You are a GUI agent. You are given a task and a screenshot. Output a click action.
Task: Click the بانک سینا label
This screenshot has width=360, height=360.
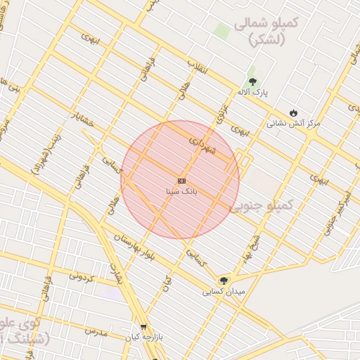[x=181, y=191]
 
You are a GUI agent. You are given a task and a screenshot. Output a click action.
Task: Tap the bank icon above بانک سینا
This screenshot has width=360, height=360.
[x=181, y=181]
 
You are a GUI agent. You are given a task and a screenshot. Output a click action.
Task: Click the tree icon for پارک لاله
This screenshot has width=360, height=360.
[x=252, y=82]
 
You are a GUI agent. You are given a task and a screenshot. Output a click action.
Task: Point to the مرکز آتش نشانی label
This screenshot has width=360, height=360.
[x=292, y=123]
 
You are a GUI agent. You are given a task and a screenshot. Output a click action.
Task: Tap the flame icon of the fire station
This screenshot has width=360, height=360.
[x=293, y=112]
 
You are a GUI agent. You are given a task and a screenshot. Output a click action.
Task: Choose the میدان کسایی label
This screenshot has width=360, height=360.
[x=224, y=291]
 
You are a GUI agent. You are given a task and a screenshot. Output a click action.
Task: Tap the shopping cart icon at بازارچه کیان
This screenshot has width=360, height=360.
[x=143, y=327]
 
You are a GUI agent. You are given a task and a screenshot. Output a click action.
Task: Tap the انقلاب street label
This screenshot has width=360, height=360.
[x=196, y=67]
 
